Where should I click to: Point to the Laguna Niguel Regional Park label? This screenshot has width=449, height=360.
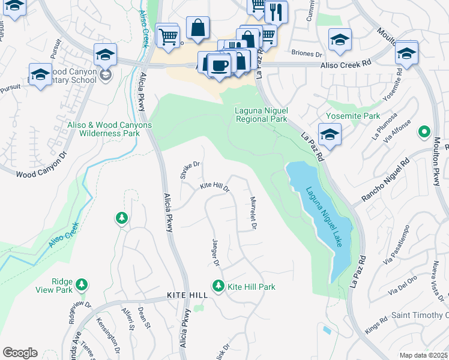(261, 115)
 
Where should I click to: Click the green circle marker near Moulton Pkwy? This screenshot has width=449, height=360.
(424, 131)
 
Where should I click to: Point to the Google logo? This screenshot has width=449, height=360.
(20, 353)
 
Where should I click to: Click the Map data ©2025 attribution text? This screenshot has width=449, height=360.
(423, 355)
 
